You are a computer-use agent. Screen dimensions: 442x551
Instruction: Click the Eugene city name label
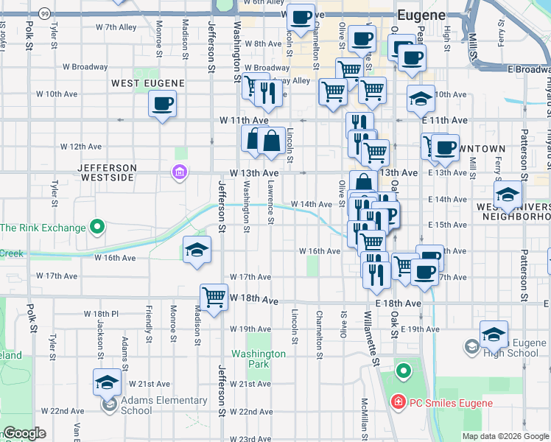tap(421, 15)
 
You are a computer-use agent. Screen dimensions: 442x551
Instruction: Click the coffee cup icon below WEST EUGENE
tap(162, 104)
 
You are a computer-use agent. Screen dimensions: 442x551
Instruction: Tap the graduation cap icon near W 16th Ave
tap(197, 249)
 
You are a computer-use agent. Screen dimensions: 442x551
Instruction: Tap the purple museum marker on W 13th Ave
tap(179, 173)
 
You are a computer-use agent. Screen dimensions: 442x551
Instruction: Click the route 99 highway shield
tap(45, 13)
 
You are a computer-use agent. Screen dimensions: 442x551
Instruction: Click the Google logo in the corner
tap(24, 433)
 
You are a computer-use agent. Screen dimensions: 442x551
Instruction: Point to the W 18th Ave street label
tap(254, 301)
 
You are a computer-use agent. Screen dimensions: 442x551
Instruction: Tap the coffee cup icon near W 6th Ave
tap(300, 17)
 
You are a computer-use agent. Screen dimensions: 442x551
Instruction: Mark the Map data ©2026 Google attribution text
tap(505, 436)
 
